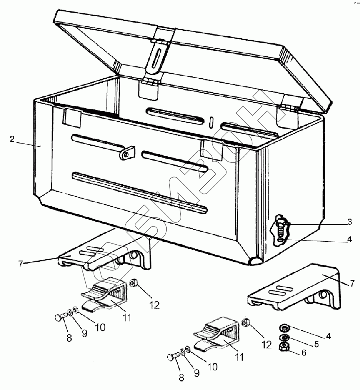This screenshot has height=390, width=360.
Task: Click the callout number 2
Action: (x=12, y=139)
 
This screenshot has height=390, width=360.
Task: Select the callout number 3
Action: (x=349, y=222)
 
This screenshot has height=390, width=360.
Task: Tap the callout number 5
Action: (x=316, y=344)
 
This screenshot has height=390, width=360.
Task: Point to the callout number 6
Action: (x=304, y=353)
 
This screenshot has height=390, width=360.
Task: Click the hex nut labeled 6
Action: (x=284, y=347)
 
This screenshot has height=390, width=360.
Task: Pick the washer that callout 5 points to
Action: (x=284, y=338)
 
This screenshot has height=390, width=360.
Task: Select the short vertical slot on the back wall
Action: (x=211, y=122)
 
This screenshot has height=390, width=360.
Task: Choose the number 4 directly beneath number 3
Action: (x=349, y=239)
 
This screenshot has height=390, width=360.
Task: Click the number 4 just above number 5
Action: (x=328, y=337)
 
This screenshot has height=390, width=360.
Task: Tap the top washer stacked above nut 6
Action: (x=284, y=328)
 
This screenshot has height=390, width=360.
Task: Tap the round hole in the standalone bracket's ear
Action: (x=322, y=295)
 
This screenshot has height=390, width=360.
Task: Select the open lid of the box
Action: (x=193, y=52)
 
